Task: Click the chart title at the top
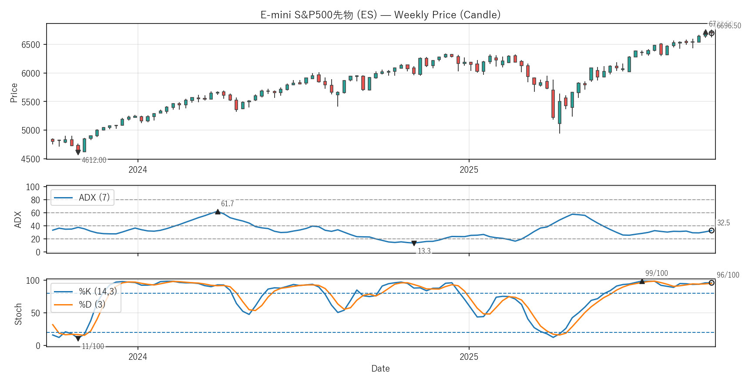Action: point(380,15)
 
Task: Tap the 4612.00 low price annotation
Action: point(94,160)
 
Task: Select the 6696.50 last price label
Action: point(728,26)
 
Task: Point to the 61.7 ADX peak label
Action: point(227,204)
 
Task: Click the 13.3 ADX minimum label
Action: point(424,251)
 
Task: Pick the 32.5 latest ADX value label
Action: point(723,223)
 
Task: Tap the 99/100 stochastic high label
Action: point(656,273)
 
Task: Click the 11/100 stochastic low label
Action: point(93,346)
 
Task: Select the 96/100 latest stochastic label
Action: point(728,275)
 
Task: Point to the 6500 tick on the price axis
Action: point(30,45)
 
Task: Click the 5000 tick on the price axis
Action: point(30,131)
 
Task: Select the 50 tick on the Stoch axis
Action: point(35,313)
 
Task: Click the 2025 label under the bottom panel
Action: point(469,357)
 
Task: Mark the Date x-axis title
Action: point(380,369)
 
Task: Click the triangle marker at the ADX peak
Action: point(218,212)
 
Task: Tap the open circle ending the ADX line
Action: point(712,231)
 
